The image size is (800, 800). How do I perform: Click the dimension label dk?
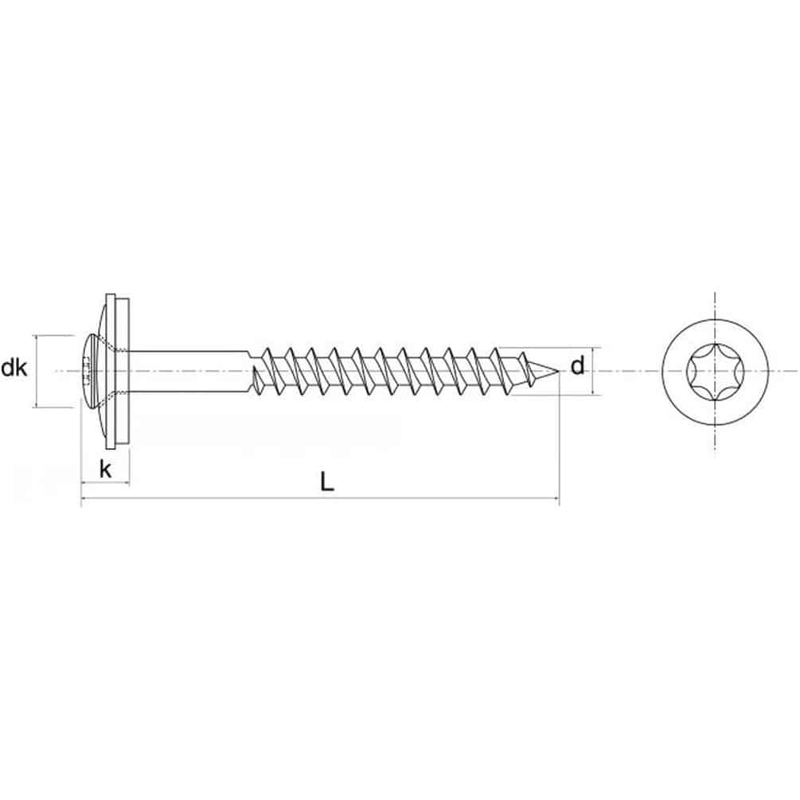click(x=14, y=368)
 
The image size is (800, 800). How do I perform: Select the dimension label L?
click(x=327, y=482)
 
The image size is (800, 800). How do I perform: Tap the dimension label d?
click(x=577, y=366)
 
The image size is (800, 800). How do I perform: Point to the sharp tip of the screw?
click(x=559, y=371)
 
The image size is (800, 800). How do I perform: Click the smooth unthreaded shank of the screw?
click(x=189, y=371)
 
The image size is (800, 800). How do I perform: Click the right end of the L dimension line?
click(x=559, y=498)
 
